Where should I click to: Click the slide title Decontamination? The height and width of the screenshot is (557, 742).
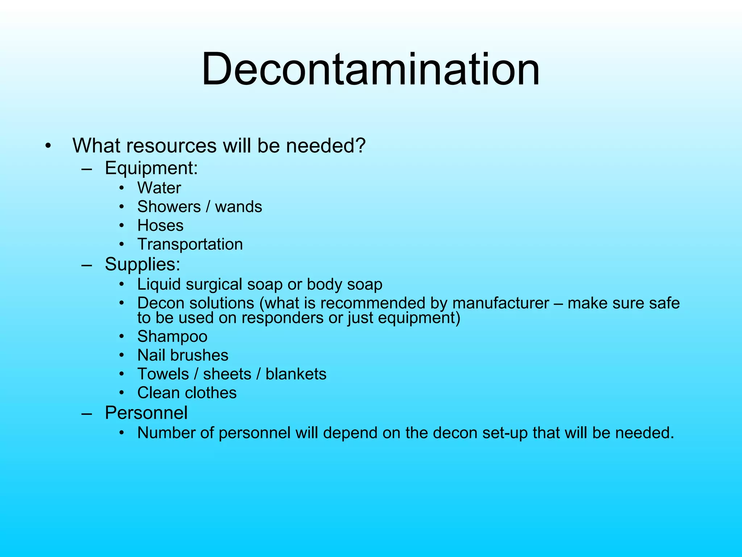[x=370, y=69]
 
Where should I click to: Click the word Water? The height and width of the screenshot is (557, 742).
[x=159, y=188]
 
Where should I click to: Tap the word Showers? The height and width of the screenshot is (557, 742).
[x=169, y=207]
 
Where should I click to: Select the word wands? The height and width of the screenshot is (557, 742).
[x=238, y=207]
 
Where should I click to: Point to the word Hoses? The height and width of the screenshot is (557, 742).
[x=160, y=226]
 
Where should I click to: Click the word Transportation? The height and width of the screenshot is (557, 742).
[x=190, y=244]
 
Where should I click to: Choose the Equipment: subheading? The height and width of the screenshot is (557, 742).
[x=151, y=168]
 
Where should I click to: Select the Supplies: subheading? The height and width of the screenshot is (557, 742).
[x=142, y=264]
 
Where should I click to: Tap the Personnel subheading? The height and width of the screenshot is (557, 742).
[x=146, y=413]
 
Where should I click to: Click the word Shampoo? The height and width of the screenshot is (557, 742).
[x=172, y=337]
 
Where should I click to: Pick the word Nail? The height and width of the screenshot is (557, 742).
[x=151, y=355]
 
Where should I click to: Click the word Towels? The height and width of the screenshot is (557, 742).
[x=163, y=374]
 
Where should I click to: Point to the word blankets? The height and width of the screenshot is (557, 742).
[x=296, y=374]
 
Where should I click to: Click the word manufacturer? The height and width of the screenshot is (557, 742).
[x=501, y=303]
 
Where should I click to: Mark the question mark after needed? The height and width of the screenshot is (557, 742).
[x=360, y=145]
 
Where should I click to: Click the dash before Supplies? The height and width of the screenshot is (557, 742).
[x=87, y=265]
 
